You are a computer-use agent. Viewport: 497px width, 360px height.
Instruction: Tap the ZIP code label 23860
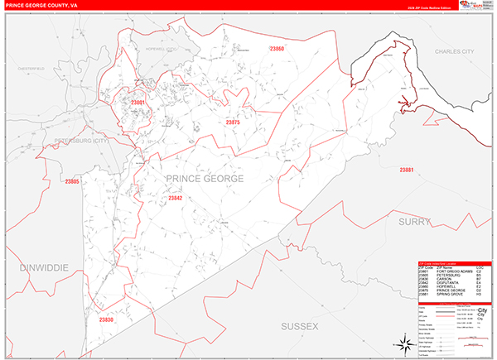(277, 50)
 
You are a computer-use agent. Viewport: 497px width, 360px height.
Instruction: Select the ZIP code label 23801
(138, 103)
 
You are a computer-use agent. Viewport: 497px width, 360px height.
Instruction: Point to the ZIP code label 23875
(233, 122)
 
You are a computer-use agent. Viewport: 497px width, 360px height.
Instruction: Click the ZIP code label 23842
(175, 198)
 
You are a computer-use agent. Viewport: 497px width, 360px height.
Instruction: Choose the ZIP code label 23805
(71, 181)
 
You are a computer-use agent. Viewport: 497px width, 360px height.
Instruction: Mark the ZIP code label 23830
(106, 319)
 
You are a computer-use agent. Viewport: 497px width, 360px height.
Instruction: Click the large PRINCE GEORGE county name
(205, 179)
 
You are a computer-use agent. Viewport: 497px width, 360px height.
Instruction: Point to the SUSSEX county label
(298, 327)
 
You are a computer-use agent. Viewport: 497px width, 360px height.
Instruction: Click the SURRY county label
(413, 222)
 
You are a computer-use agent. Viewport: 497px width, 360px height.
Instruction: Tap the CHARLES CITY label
(455, 51)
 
